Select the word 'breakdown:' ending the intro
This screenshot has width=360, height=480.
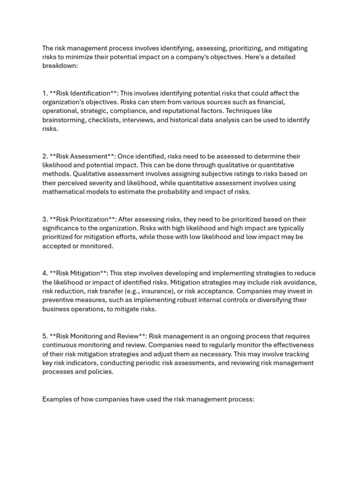[x=60, y=66]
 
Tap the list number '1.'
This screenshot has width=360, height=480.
[x=45, y=93]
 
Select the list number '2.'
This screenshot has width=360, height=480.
[x=45, y=156]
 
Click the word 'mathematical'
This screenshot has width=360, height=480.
[x=64, y=192]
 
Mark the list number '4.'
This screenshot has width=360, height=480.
[x=45, y=273]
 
